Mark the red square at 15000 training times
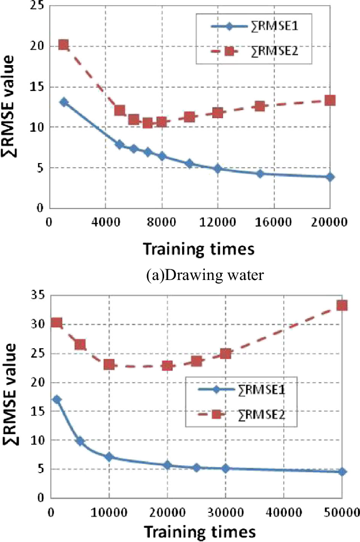tap(259, 106)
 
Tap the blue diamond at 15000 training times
tap(259, 174)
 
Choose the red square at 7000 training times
tap(148, 123)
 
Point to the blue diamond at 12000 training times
tap(218, 169)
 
